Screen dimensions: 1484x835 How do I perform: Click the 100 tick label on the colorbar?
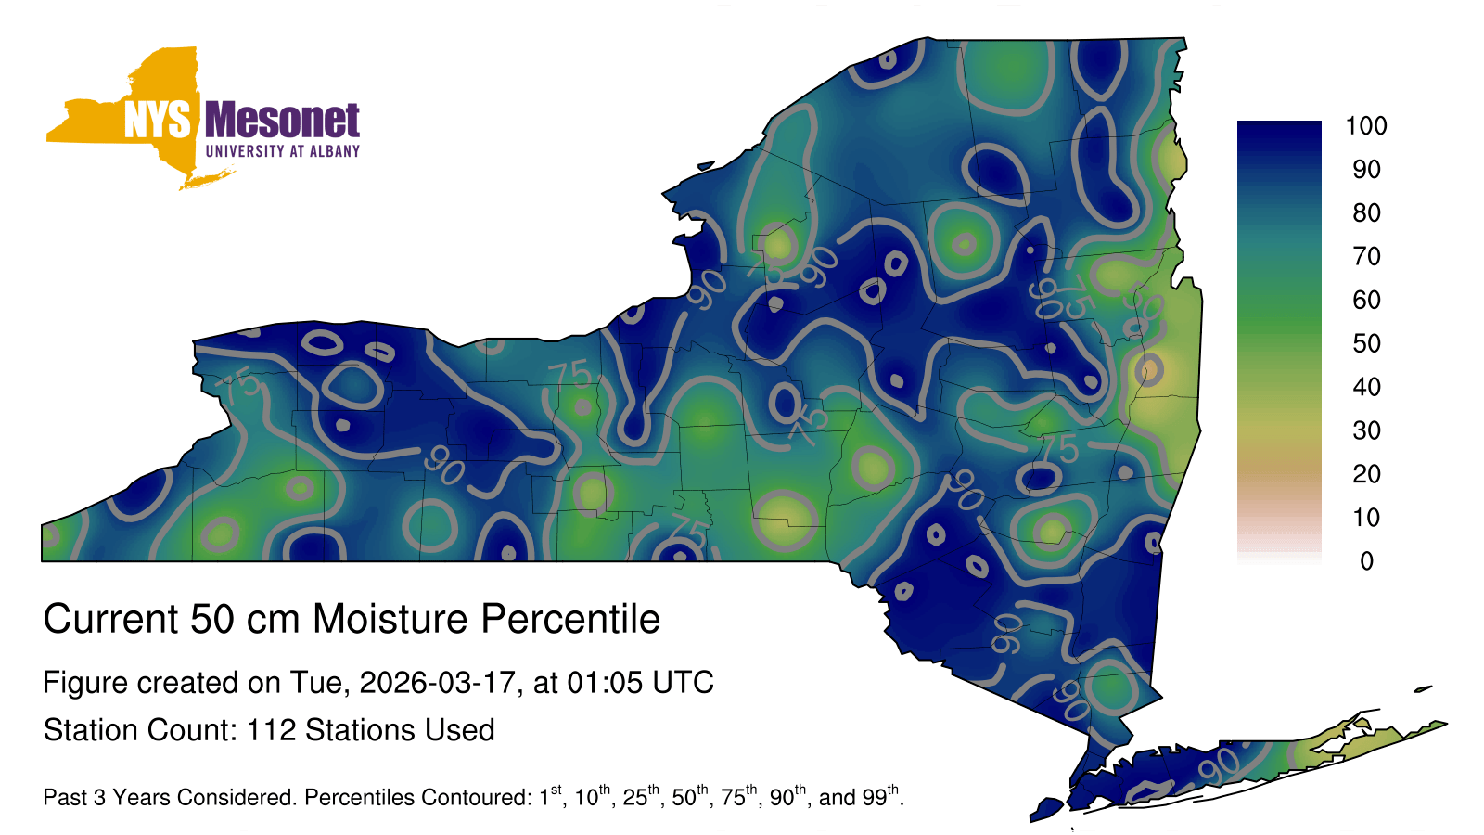[1366, 125]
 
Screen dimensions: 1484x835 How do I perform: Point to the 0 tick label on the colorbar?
[1366, 561]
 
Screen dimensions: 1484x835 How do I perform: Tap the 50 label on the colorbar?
[1366, 343]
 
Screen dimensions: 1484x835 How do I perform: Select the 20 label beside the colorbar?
[1366, 474]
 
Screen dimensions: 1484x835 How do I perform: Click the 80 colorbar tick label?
[1366, 212]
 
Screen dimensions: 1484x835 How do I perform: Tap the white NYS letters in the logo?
[157, 120]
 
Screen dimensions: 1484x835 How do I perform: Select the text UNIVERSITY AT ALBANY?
[283, 151]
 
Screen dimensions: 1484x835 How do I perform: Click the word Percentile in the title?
[570, 619]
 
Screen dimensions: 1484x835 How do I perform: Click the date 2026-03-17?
[437, 683]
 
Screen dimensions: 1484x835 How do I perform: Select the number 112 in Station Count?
[271, 730]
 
